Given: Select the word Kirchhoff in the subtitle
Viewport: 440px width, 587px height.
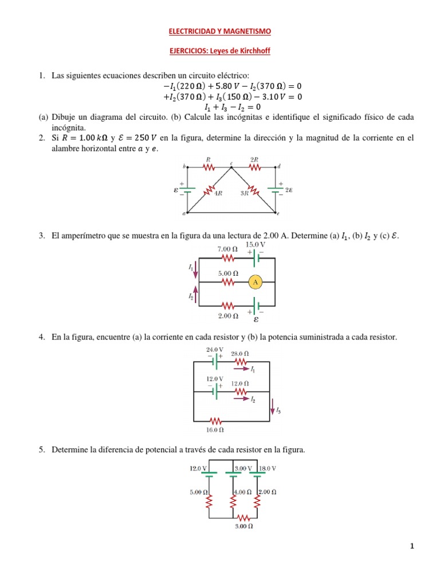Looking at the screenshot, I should click(252, 51).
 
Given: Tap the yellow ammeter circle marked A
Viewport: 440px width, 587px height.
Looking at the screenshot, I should click(255, 282).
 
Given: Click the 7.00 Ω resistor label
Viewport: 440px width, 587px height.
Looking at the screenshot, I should click(227, 249).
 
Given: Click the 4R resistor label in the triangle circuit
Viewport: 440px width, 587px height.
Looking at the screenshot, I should click(218, 193).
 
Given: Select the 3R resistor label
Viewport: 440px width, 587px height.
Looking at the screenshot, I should click(244, 193).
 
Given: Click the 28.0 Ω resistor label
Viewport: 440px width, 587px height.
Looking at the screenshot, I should click(240, 354).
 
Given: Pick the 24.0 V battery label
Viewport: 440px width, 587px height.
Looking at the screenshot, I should click(214, 349).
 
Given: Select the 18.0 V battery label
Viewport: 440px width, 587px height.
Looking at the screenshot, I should click(268, 468).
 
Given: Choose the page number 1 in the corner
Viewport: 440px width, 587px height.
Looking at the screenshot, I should click(411, 546).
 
